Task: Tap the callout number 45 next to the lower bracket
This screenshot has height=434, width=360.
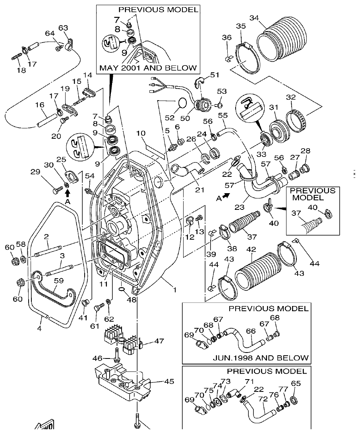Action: pos(169,382)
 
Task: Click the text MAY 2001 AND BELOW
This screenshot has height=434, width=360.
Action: pos(148,68)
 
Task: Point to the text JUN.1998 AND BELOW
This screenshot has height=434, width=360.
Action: pos(261,357)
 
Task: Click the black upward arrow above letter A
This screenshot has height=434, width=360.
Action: pos(68,193)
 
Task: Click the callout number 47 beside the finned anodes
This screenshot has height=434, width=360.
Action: pos(159,341)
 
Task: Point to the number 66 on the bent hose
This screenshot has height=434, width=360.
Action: pos(250,331)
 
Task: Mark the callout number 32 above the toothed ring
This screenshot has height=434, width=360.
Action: pos(291,97)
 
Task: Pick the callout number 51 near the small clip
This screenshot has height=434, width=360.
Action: pos(215,75)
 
